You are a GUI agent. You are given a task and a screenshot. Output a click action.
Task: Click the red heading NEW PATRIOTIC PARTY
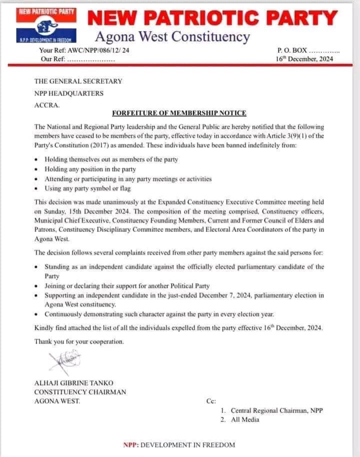[212, 18]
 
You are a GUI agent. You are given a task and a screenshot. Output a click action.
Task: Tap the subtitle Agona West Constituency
[172, 36]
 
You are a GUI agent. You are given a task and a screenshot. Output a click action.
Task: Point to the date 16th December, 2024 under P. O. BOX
[304, 58]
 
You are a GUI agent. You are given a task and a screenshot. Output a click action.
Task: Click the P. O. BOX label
[291, 50]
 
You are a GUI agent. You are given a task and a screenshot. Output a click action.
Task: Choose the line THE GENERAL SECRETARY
[78, 81]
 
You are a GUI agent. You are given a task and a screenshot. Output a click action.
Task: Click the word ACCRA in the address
[46, 105]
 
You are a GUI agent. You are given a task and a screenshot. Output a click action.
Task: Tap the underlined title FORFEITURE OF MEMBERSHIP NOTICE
[179, 113]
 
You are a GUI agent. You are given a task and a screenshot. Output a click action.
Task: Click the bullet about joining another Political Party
[127, 285]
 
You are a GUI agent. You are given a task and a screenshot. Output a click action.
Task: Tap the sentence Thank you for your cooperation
[79, 341]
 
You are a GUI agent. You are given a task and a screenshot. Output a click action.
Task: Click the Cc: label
[211, 401]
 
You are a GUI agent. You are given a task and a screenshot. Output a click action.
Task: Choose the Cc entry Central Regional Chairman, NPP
[276, 410]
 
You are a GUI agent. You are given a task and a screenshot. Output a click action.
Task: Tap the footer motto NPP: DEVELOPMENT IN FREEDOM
[179, 445]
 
